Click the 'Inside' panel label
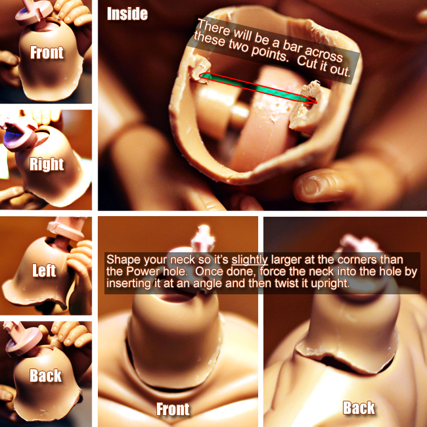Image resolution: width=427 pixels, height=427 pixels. click(x=127, y=14)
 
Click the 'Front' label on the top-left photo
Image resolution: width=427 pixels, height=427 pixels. click(x=47, y=53)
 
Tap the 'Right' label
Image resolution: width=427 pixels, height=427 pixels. click(x=47, y=164)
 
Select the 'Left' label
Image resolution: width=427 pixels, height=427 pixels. click(x=44, y=271)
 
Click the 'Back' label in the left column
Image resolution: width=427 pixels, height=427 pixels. click(x=45, y=376)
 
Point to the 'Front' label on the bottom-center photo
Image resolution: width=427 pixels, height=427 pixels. click(x=173, y=409)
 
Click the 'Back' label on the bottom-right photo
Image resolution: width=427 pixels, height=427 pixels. click(x=359, y=408)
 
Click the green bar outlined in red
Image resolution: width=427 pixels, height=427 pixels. click(x=258, y=87)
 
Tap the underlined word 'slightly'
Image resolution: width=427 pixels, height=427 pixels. click(x=250, y=260)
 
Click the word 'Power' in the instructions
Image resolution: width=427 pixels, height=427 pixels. click(x=143, y=271)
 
